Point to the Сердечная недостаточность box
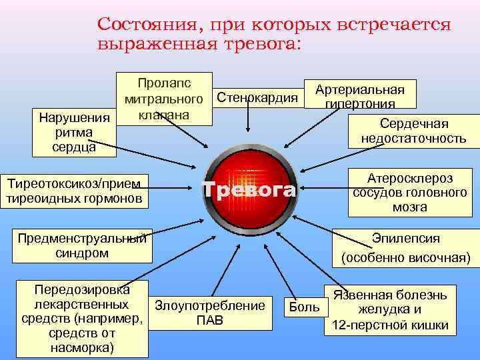[x=413, y=131]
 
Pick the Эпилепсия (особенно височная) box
[x=405, y=247]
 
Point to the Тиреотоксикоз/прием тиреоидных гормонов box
[x=73, y=191]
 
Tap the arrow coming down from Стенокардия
[x=248, y=123]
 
